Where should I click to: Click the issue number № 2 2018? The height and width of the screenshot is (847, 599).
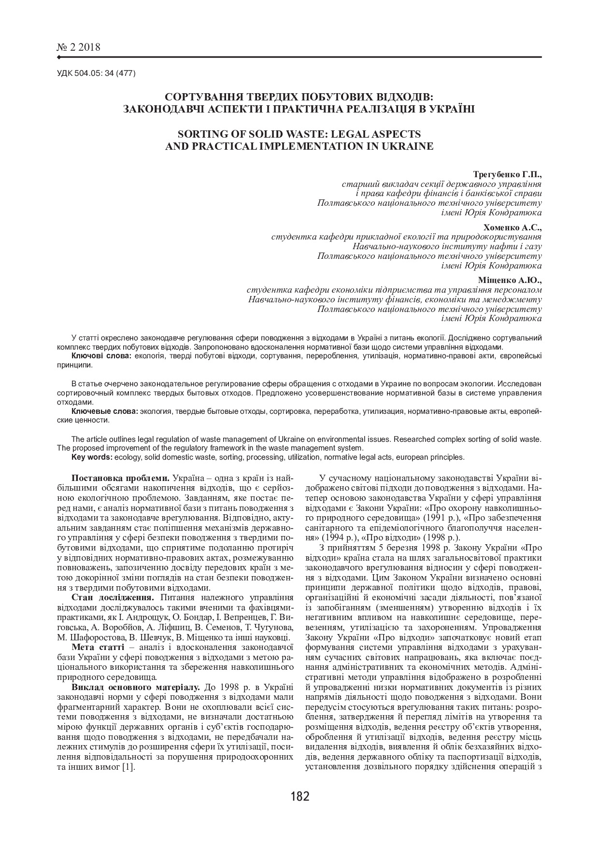tap(79, 47)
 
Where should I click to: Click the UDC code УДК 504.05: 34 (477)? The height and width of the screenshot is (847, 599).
tap(96, 73)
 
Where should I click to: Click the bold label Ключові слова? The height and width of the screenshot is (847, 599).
tap(101, 356)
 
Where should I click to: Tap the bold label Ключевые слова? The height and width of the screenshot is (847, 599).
tap(105, 411)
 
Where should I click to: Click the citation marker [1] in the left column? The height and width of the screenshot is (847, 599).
tap(128, 767)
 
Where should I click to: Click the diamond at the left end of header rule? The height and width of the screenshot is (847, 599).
tap(59, 57)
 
